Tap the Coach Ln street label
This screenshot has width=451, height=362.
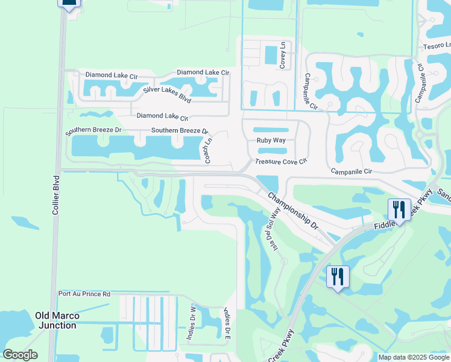(209, 150)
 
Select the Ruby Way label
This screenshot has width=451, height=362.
(271, 140)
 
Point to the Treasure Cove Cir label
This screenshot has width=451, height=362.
(281, 162)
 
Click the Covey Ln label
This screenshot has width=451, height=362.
(282, 55)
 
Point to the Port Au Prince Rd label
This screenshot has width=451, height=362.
(84, 294)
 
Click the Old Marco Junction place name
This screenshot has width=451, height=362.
(57, 320)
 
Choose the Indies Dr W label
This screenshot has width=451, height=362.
(191, 328)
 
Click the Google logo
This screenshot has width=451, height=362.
(20, 355)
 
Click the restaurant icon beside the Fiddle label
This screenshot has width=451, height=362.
(399, 209)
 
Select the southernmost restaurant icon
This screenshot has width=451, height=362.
(337, 276)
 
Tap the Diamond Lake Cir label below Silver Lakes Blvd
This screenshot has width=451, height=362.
(162, 116)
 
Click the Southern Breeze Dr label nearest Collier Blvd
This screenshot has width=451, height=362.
(93, 130)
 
